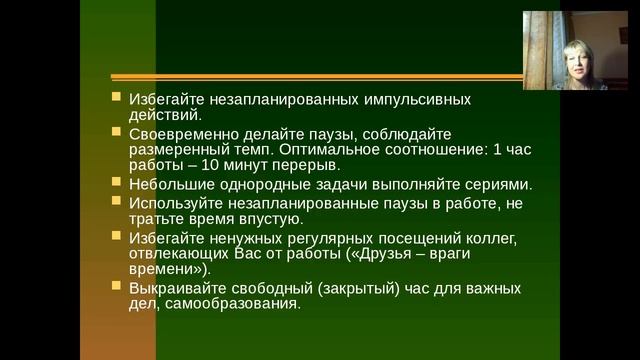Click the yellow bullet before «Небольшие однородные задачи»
tap(116, 184)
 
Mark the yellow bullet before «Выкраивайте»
tap(116, 288)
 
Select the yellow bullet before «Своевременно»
tap(116, 133)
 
